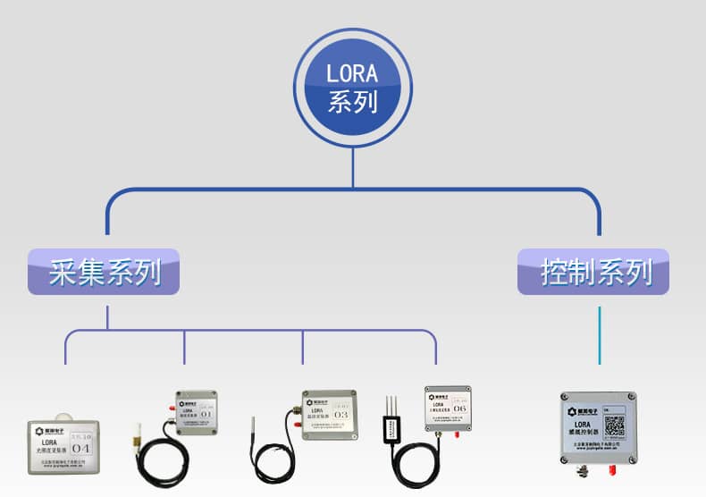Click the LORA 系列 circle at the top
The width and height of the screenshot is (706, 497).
pos(353,88)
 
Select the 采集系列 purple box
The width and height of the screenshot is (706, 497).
pos(104,272)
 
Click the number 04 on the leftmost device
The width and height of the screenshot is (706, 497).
pos(81,447)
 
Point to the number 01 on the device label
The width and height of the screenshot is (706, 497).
pos(206,414)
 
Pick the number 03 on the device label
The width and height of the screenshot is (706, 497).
pos(340,415)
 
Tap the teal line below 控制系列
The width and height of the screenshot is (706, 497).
pos(600,335)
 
